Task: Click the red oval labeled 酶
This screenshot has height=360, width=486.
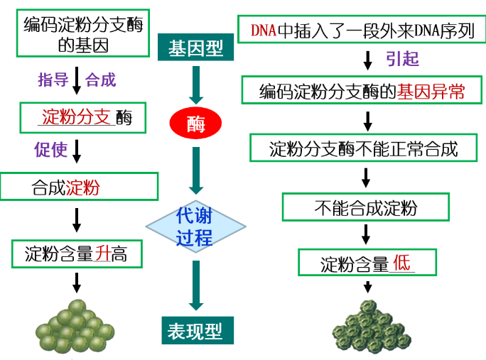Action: tap(196, 124)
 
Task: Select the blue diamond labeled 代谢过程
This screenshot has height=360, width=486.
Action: tap(195, 227)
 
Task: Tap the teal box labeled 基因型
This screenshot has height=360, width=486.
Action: tap(195, 48)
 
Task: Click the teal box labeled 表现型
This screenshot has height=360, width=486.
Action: tap(195, 331)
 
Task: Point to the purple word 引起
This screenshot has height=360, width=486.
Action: tap(402, 59)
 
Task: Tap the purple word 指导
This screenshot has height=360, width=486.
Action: tap(53, 80)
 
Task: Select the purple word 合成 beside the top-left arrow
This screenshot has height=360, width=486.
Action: tap(100, 80)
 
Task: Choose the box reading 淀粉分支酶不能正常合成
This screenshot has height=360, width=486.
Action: tap(363, 148)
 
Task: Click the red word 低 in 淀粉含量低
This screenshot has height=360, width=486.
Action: tap(401, 263)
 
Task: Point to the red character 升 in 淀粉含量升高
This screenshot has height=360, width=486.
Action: tap(103, 253)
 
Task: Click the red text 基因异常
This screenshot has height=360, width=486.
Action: tap(431, 92)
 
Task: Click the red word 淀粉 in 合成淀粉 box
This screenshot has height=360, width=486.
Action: tap(82, 187)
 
